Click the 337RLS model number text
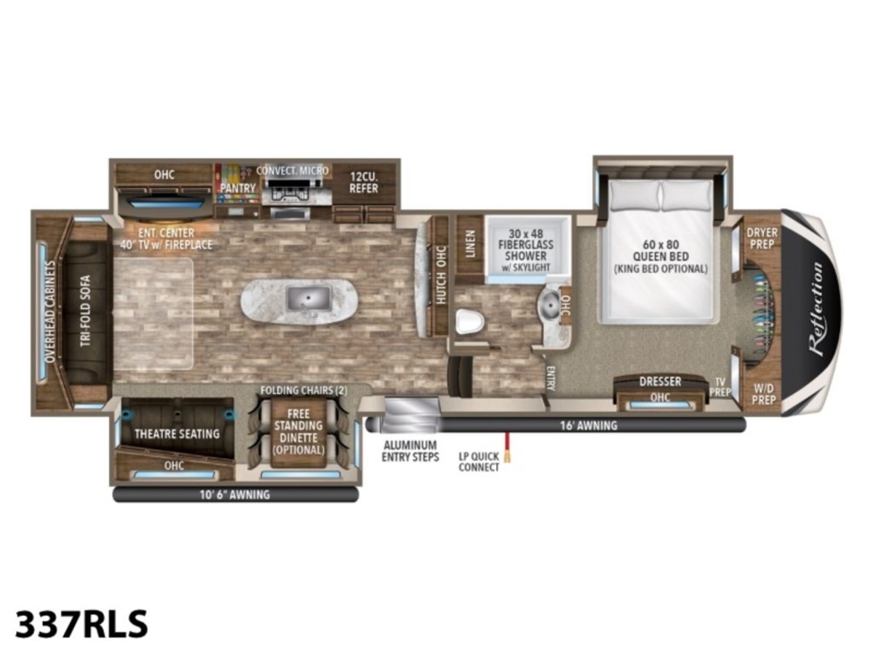coord(81,624)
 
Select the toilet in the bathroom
coord(470,321)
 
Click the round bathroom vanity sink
coord(550,306)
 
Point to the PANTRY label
coord(238,188)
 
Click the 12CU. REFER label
coord(364,183)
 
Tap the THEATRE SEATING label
coord(177,434)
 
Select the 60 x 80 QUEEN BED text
coord(661,250)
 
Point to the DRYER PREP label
coord(762,238)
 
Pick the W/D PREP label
coord(764,394)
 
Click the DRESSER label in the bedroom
coord(661,381)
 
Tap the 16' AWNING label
coord(589,426)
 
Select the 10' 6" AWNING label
coord(235,494)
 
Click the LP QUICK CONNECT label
coord(479,461)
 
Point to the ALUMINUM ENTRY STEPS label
coord(410,451)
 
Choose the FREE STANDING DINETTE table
coord(298,432)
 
